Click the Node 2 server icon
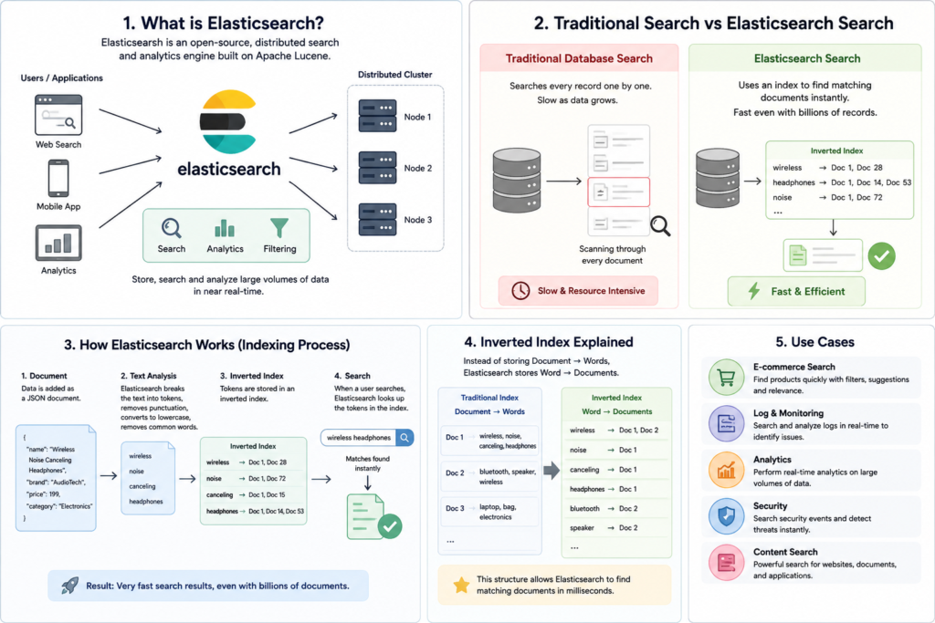tap(377, 167)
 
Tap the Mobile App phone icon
tap(58, 178)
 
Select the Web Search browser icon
tap(58, 115)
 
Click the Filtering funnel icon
tap(279, 227)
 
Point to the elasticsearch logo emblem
tap(229, 121)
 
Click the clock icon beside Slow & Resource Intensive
tap(520, 291)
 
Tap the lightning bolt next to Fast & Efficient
tap(754, 291)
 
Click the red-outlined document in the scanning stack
tap(618, 192)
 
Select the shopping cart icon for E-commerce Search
tap(726, 378)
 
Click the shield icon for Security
tap(726, 516)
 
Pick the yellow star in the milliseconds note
tap(461, 585)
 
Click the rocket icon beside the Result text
tap(70, 586)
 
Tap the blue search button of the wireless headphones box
tap(404, 438)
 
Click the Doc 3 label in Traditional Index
tap(455, 508)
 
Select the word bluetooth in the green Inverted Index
tap(584, 509)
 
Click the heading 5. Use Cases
tap(814, 342)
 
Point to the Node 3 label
tap(418, 220)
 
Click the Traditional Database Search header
tap(579, 58)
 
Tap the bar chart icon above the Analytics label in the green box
tap(225, 228)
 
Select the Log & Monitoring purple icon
tap(726, 424)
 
